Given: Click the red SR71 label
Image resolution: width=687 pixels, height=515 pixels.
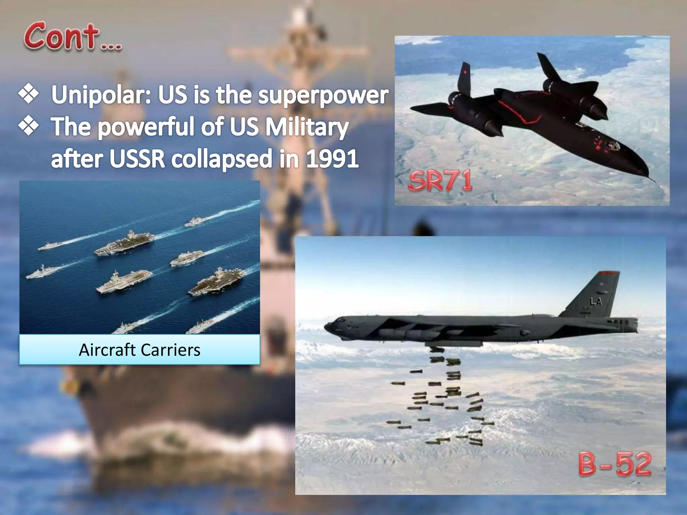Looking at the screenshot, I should (440, 181).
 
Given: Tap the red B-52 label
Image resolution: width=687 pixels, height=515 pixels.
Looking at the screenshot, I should (615, 464).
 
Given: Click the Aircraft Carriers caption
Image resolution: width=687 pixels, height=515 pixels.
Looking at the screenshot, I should (140, 350).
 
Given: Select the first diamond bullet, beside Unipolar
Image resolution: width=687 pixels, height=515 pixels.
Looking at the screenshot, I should (29, 94).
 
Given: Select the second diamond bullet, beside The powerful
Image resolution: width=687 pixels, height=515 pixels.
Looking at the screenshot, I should (29, 126).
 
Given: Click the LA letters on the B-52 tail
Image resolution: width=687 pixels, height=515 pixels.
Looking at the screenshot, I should (596, 301).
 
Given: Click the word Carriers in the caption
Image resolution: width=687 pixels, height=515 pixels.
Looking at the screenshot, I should (170, 350).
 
